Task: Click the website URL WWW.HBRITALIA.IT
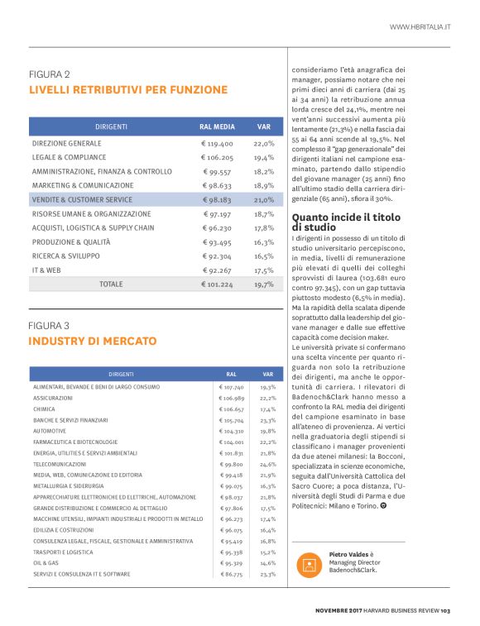420,27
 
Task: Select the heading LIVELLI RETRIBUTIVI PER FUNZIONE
128,89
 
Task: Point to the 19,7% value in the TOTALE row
264,284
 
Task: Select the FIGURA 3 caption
49,325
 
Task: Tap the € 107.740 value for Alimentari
231,387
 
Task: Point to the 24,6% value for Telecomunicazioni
267,464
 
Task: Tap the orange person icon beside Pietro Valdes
310,566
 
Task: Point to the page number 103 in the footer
444,611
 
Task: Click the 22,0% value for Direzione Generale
264,143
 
